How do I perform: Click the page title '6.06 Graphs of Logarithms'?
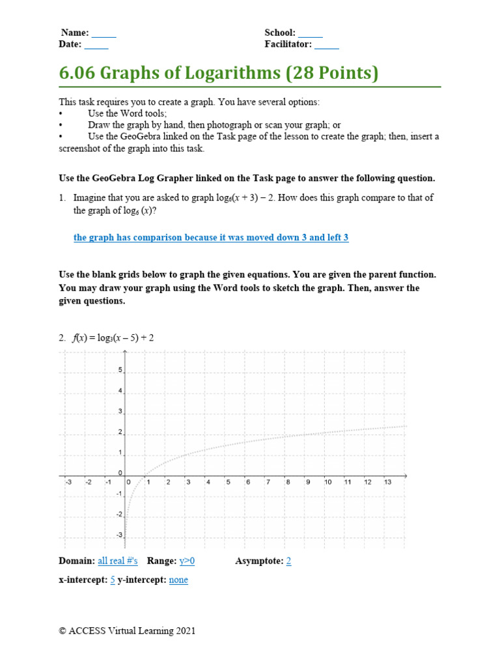218,73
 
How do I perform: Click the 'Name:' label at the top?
76,33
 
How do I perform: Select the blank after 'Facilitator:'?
327,45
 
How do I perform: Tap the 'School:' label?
280,33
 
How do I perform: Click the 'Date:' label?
70,45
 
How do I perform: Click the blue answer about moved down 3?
211,238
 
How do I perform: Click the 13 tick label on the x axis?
387,483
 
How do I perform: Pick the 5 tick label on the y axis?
120,370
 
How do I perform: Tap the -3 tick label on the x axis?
68,483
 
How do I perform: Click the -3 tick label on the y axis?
118,535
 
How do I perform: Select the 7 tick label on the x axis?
268,483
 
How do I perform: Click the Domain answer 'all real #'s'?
119,561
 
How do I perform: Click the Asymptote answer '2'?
288,561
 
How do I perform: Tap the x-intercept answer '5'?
113,580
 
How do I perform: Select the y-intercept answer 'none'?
178,580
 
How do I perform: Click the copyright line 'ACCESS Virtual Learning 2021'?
127,631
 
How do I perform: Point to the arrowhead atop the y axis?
125,352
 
